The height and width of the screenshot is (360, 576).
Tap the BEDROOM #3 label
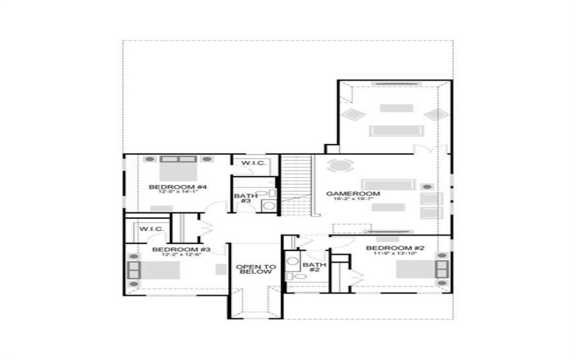point(176,249)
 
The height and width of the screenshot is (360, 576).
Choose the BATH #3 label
point(242,197)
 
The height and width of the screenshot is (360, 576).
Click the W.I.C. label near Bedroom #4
point(253,163)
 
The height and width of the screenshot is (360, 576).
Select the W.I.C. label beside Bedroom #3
point(152,229)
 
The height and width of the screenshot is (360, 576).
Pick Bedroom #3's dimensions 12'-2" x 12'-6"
point(176,255)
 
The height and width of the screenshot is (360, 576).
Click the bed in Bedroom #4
point(178,170)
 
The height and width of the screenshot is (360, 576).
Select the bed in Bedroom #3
point(154,271)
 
